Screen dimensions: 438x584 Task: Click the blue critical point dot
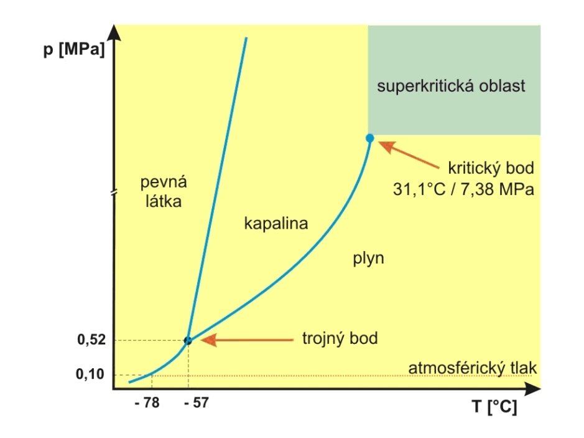coord(369,138)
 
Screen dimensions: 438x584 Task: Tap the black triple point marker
coord(188,340)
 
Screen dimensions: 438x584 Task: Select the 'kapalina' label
coord(277,223)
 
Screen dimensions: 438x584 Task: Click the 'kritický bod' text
coord(491,168)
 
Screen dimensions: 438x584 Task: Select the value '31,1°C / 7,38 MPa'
coord(463,189)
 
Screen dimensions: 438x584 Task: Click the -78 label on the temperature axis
coord(147,402)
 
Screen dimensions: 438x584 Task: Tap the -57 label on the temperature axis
coord(197,402)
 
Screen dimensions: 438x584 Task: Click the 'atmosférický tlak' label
coord(472,368)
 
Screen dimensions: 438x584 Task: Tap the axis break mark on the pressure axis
coord(113,193)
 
